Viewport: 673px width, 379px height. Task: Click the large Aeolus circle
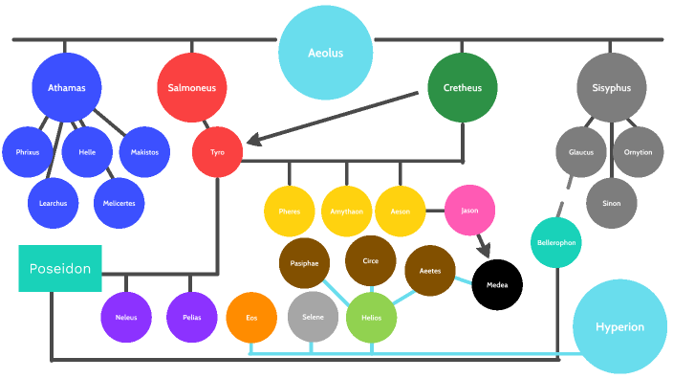click(325, 53)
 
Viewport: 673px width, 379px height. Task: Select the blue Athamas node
click(67, 88)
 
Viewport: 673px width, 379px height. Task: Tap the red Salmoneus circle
click(192, 88)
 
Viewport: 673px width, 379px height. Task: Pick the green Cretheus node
click(463, 88)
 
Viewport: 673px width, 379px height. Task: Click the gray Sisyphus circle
click(612, 88)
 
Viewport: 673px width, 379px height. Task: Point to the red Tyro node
click(218, 151)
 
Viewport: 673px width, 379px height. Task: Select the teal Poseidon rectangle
click(59, 269)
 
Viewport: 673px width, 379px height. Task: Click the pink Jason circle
click(469, 210)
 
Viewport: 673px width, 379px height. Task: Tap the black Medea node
click(497, 284)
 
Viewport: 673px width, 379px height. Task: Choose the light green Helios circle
click(371, 318)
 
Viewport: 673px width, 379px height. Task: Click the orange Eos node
click(251, 318)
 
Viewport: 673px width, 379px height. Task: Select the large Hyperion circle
click(619, 326)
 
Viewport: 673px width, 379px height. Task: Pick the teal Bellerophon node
click(556, 243)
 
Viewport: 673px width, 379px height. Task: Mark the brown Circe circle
click(370, 261)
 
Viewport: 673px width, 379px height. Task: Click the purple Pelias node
click(192, 317)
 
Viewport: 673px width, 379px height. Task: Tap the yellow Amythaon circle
click(346, 210)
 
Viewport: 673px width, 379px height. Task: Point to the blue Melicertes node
click(119, 203)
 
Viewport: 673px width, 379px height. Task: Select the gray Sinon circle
click(612, 203)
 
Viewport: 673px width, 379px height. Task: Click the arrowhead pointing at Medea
click(484, 252)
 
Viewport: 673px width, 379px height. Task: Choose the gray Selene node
click(313, 318)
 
